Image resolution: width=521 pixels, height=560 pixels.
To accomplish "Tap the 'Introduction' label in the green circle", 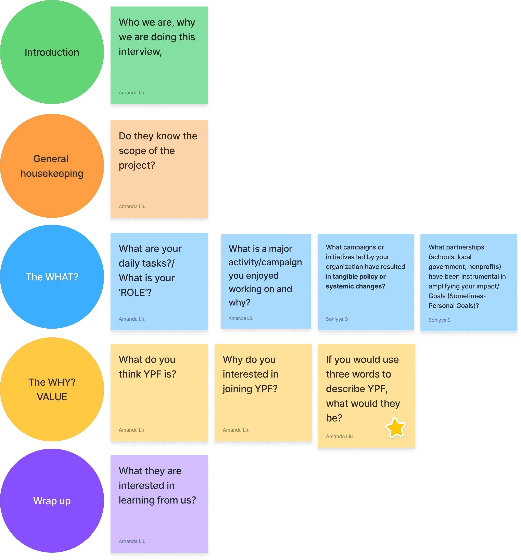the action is pos(52,52).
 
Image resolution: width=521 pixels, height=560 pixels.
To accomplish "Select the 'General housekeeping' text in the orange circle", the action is pos(52,166).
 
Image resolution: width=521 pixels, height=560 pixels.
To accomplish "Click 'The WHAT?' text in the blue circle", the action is pos(52,277).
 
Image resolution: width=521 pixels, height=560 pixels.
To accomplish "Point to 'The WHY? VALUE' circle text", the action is pos(52,390).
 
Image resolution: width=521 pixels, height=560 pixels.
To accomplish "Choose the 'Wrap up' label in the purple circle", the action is pos(52,501).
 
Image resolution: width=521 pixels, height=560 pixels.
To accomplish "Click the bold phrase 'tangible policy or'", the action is pos(359,277).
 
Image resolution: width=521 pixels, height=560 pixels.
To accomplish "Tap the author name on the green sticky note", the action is pos(132,93).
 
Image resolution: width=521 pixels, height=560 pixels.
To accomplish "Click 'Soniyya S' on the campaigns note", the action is pos(336,319).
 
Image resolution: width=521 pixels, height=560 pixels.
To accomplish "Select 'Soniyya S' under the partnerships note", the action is pos(439,320).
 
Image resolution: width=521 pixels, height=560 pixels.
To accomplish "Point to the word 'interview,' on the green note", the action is pos(140,52).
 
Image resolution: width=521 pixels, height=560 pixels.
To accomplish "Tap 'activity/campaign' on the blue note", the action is pos(265,262).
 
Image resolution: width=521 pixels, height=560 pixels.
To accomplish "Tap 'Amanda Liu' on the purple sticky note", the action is pos(132,541).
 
